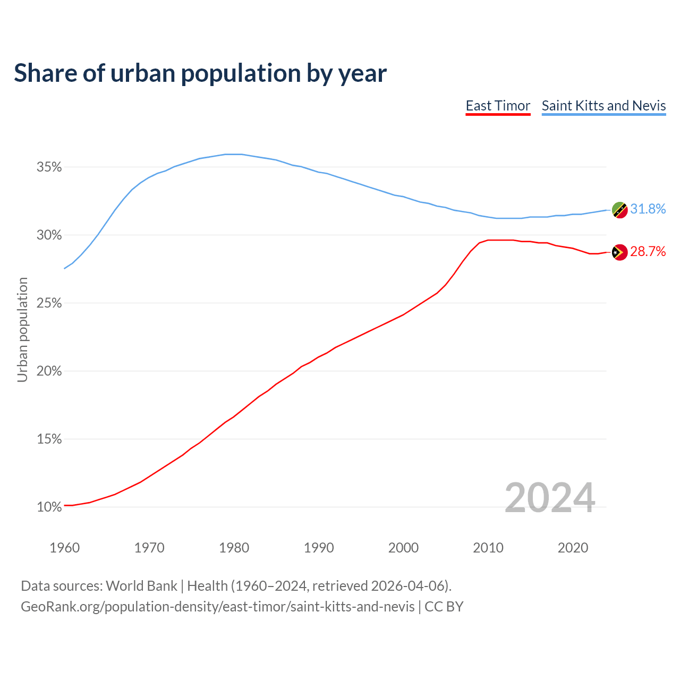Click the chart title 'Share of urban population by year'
point(200,73)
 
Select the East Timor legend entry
point(498,106)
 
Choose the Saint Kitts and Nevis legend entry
point(603,106)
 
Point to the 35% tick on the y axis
point(49,167)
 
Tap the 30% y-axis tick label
point(49,235)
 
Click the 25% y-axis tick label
point(49,303)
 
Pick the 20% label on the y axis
point(49,371)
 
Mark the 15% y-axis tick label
point(49,439)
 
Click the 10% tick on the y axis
point(49,507)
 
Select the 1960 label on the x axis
point(64,548)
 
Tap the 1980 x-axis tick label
point(234,548)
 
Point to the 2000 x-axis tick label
point(403,548)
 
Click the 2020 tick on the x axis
point(573,548)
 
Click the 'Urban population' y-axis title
point(22,329)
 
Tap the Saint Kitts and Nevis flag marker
point(619,210)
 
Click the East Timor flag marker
point(619,252)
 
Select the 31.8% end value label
point(648,209)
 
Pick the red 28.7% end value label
point(648,252)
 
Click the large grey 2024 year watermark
point(549,498)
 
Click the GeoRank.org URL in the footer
point(218,607)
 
